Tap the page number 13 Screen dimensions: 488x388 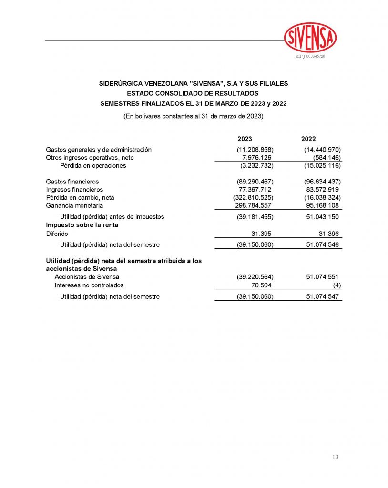click(x=335, y=457)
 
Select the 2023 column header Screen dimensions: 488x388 click(x=245, y=139)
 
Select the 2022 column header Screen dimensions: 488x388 click(x=308, y=139)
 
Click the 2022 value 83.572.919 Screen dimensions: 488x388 click(x=321, y=190)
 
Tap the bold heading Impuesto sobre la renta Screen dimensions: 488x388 click(x=82, y=224)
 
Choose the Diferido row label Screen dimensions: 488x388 click(x=57, y=234)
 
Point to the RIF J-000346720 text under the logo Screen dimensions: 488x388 click(x=310, y=57)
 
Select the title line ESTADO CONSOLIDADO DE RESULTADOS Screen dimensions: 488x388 click(x=193, y=93)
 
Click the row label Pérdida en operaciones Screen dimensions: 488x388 click(x=93, y=166)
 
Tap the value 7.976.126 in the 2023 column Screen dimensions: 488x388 click(x=257, y=158)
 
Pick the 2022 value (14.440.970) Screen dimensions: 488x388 click(x=322, y=150)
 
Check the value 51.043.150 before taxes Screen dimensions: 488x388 click(x=321, y=217)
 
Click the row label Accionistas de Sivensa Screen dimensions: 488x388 click(x=87, y=277)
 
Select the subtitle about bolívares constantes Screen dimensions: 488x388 click(x=193, y=116)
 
